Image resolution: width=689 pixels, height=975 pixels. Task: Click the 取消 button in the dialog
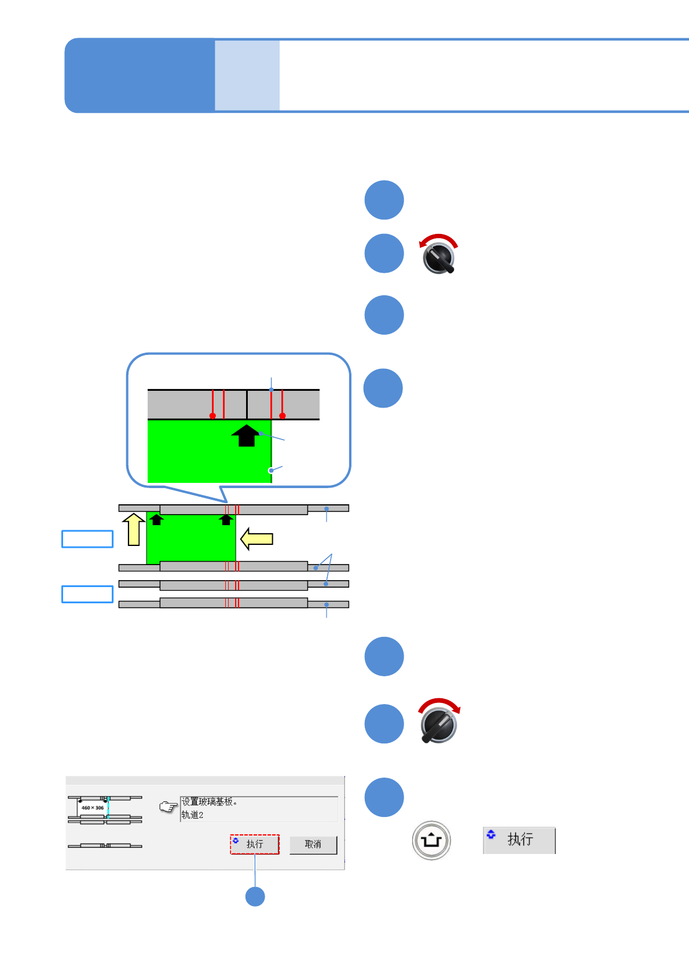click(x=313, y=845)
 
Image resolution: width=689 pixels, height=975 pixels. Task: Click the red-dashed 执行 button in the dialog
click(x=255, y=845)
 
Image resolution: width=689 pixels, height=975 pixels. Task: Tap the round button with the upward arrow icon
click(x=431, y=840)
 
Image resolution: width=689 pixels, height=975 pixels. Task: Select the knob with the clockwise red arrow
click(x=439, y=724)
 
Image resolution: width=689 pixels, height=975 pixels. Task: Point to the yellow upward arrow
click(x=134, y=529)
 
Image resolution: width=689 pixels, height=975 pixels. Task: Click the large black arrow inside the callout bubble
click(x=246, y=436)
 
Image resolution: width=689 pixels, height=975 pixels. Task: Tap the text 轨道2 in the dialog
click(x=192, y=815)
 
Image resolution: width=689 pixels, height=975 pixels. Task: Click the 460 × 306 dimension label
click(x=92, y=808)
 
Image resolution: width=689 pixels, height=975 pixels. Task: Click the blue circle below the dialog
click(x=255, y=896)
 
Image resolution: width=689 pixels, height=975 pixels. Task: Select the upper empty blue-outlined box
click(x=87, y=539)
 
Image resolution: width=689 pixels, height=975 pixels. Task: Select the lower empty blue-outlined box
click(x=87, y=595)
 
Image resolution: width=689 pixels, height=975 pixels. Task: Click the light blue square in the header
click(x=247, y=75)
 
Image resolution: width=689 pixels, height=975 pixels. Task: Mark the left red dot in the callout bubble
click(x=212, y=416)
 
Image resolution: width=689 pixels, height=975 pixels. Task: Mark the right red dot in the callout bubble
click(x=283, y=416)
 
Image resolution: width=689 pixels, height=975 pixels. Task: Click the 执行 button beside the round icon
click(x=519, y=840)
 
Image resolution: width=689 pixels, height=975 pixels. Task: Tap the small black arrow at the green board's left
click(x=156, y=519)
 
